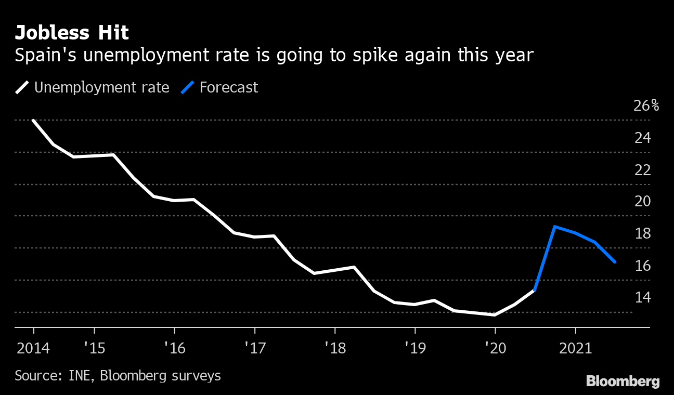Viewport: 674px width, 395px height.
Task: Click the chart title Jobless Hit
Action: click(x=72, y=33)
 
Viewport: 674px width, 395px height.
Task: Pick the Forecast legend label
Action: click(x=228, y=87)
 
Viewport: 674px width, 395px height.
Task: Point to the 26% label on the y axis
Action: click(x=646, y=106)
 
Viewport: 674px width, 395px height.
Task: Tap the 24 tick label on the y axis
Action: click(x=643, y=138)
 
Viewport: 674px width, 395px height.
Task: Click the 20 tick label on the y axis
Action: click(x=643, y=202)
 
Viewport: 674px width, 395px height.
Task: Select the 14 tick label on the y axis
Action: click(x=643, y=297)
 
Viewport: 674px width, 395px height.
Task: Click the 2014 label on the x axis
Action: click(x=34, y=348)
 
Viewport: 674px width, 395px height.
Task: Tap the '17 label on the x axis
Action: click(x=254, y=348)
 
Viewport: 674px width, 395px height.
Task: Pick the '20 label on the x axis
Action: click(x=495, y=348)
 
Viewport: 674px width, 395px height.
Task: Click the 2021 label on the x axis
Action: click(x=575, y=348)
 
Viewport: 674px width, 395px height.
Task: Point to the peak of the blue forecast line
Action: click(x=555, y=227)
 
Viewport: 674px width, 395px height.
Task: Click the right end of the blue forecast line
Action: click(x=615, y=262)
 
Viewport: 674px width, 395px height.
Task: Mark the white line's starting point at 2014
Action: click(x=34, y=121)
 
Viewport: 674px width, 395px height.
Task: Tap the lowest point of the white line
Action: click(x=495, y=315)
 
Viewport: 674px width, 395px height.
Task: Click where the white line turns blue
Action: click(x=535, y=290)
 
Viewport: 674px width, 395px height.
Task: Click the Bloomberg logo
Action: click(x=623, y=381)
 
